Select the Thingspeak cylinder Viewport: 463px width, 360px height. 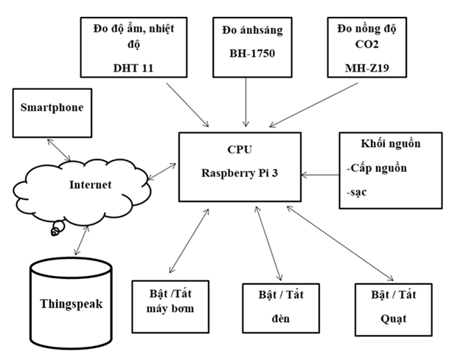tap(71, 302)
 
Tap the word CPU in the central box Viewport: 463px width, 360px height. tap(240, 150)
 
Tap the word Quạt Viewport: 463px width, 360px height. tap(394, 319)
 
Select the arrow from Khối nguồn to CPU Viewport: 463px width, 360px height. tap(319, 176)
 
